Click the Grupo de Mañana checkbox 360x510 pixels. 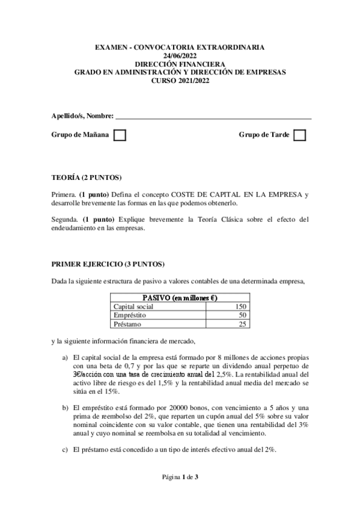click(120, 135)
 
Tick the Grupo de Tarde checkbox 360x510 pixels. click(299, 135)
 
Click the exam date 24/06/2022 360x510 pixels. click(180, 55)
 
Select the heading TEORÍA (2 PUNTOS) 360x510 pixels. click(87, 178)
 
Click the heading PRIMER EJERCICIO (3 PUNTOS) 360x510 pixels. click(108, 264)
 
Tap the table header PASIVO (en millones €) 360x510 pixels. click(180, 298)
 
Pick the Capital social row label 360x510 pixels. click(133, 306)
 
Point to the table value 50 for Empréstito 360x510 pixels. click(242, 315)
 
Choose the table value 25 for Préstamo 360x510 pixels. click(242, 324)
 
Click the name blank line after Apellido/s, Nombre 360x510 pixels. click(213, 116)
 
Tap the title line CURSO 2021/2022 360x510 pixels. click(180, 79)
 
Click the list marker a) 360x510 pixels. click(65, 357)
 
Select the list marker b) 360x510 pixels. click(65, 408)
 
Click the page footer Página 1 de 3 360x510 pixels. click(180, 478)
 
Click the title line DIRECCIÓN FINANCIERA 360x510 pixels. click(180, 63)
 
